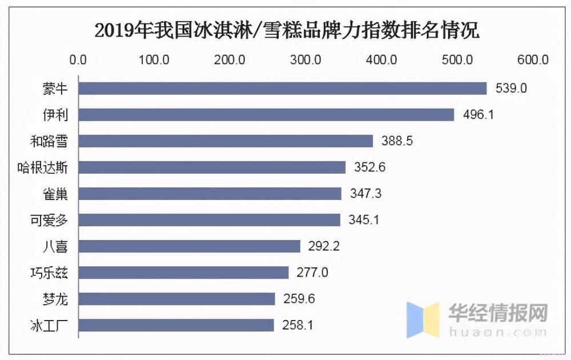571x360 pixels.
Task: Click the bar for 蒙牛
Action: pyautogui.click(x=282, y=88)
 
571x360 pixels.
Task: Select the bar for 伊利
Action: pyautogui.click(x=266, y=114)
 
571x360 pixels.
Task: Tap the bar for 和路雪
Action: pyautogui.click(x=226, y=141)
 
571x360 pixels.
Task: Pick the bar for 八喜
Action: pyautogui.click(x=189, y=246)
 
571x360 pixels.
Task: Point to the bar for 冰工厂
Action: pyautogui.click(x=176, y=325)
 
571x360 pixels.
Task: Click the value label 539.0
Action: pyautogui.click(x=509, y=89)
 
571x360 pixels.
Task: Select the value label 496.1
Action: pyautogui.click(x=477, y=115)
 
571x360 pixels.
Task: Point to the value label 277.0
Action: pyautogui.click(x=312, y=273)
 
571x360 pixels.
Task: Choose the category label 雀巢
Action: pyautogui.click(x=56, y=194)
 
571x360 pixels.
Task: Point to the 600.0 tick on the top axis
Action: pyautogui.click(x=533, y=59)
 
